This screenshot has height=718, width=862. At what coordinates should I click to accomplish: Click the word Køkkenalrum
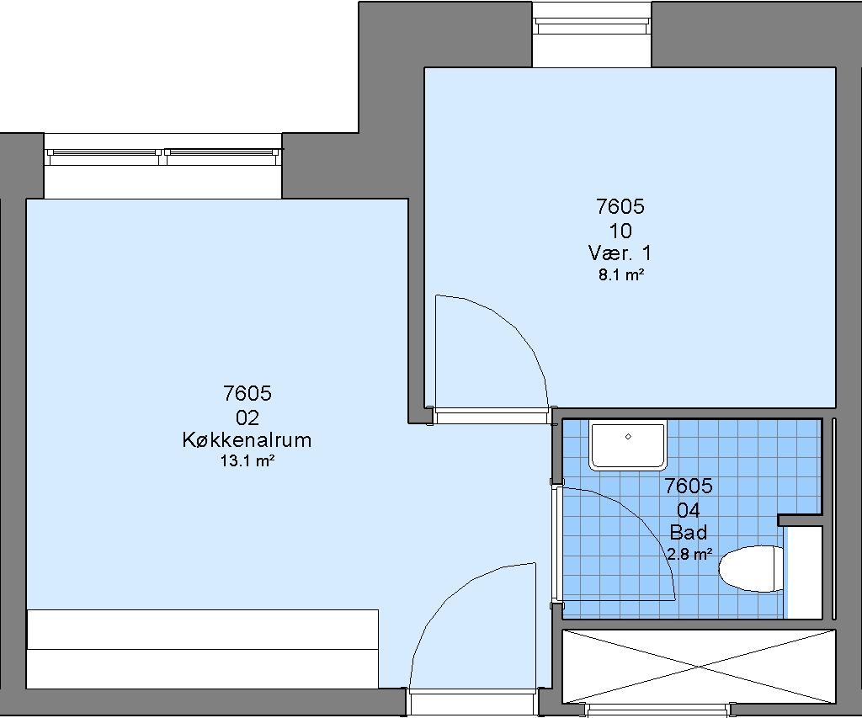(x=247, y=440)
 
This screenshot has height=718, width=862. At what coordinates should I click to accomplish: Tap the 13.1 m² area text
(x=247, y=460)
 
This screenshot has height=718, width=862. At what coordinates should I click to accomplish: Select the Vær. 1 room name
(x=620, y=253)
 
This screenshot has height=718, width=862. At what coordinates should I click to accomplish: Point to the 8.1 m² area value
(x=621, y=274)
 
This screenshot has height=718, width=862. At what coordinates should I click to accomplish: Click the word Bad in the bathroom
(x=689, y=532)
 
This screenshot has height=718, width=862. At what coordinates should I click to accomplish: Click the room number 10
(x=620, y=231)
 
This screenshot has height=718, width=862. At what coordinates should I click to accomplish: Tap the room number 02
(x=247, y=418)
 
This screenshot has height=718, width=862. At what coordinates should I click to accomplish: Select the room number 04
(x=689, y=510)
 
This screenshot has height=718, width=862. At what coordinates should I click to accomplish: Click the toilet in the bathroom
(x=751, y=568)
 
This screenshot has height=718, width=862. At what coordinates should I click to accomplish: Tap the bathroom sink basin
(x=628, y=446)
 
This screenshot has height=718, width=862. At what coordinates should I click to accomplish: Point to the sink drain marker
(x=628, y=437)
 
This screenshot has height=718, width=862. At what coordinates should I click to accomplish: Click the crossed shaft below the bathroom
(x=699, y=667)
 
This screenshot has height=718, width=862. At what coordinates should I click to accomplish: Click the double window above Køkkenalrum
(x=162, y=157)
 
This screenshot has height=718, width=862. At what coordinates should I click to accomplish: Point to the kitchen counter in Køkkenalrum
(x=202, y=649)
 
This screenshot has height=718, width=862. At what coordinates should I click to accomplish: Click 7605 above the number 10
(x=620, y=207)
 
